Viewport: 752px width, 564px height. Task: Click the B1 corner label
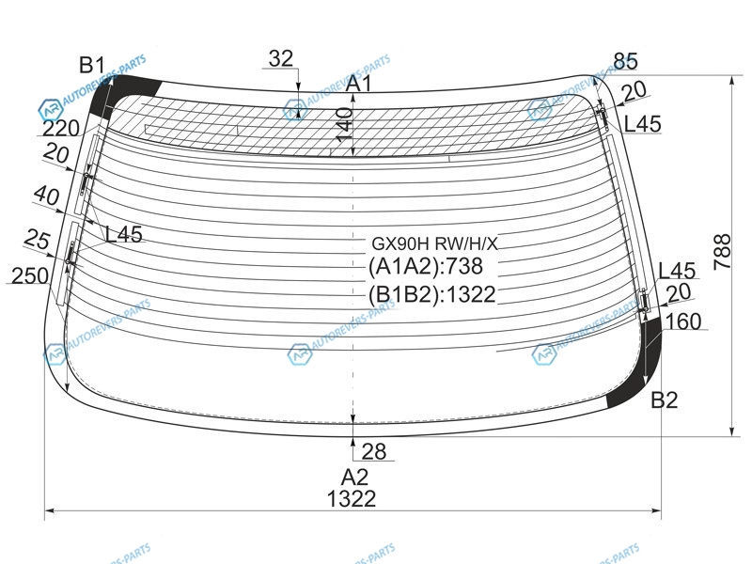coord(92,64)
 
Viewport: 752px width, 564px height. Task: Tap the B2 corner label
coord(665,399)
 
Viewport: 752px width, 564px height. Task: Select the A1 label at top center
coord(359,84)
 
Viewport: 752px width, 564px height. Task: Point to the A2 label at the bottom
coord(355,478)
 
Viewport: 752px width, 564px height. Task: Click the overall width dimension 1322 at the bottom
coord(352,499)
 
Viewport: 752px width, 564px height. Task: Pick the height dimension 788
coord(722,252)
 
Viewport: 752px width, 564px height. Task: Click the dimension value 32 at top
coord(280,59)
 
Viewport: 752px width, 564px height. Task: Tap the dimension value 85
coord(626,61)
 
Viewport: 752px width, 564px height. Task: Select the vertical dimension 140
coord(344,125)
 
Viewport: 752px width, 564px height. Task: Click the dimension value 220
coord(61,128)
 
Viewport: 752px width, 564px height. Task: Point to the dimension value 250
coord(30,275)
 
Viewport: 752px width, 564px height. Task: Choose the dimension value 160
coord(683,321)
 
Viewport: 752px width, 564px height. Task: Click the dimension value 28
coord(374,451)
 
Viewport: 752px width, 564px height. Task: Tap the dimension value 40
coord(47,196)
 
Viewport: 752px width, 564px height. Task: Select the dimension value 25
coord(38,239)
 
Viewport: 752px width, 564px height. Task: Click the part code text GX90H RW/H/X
coord(435,244)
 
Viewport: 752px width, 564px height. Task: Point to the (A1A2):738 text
coord(426,266)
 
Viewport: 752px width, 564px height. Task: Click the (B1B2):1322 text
coord(432,294)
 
